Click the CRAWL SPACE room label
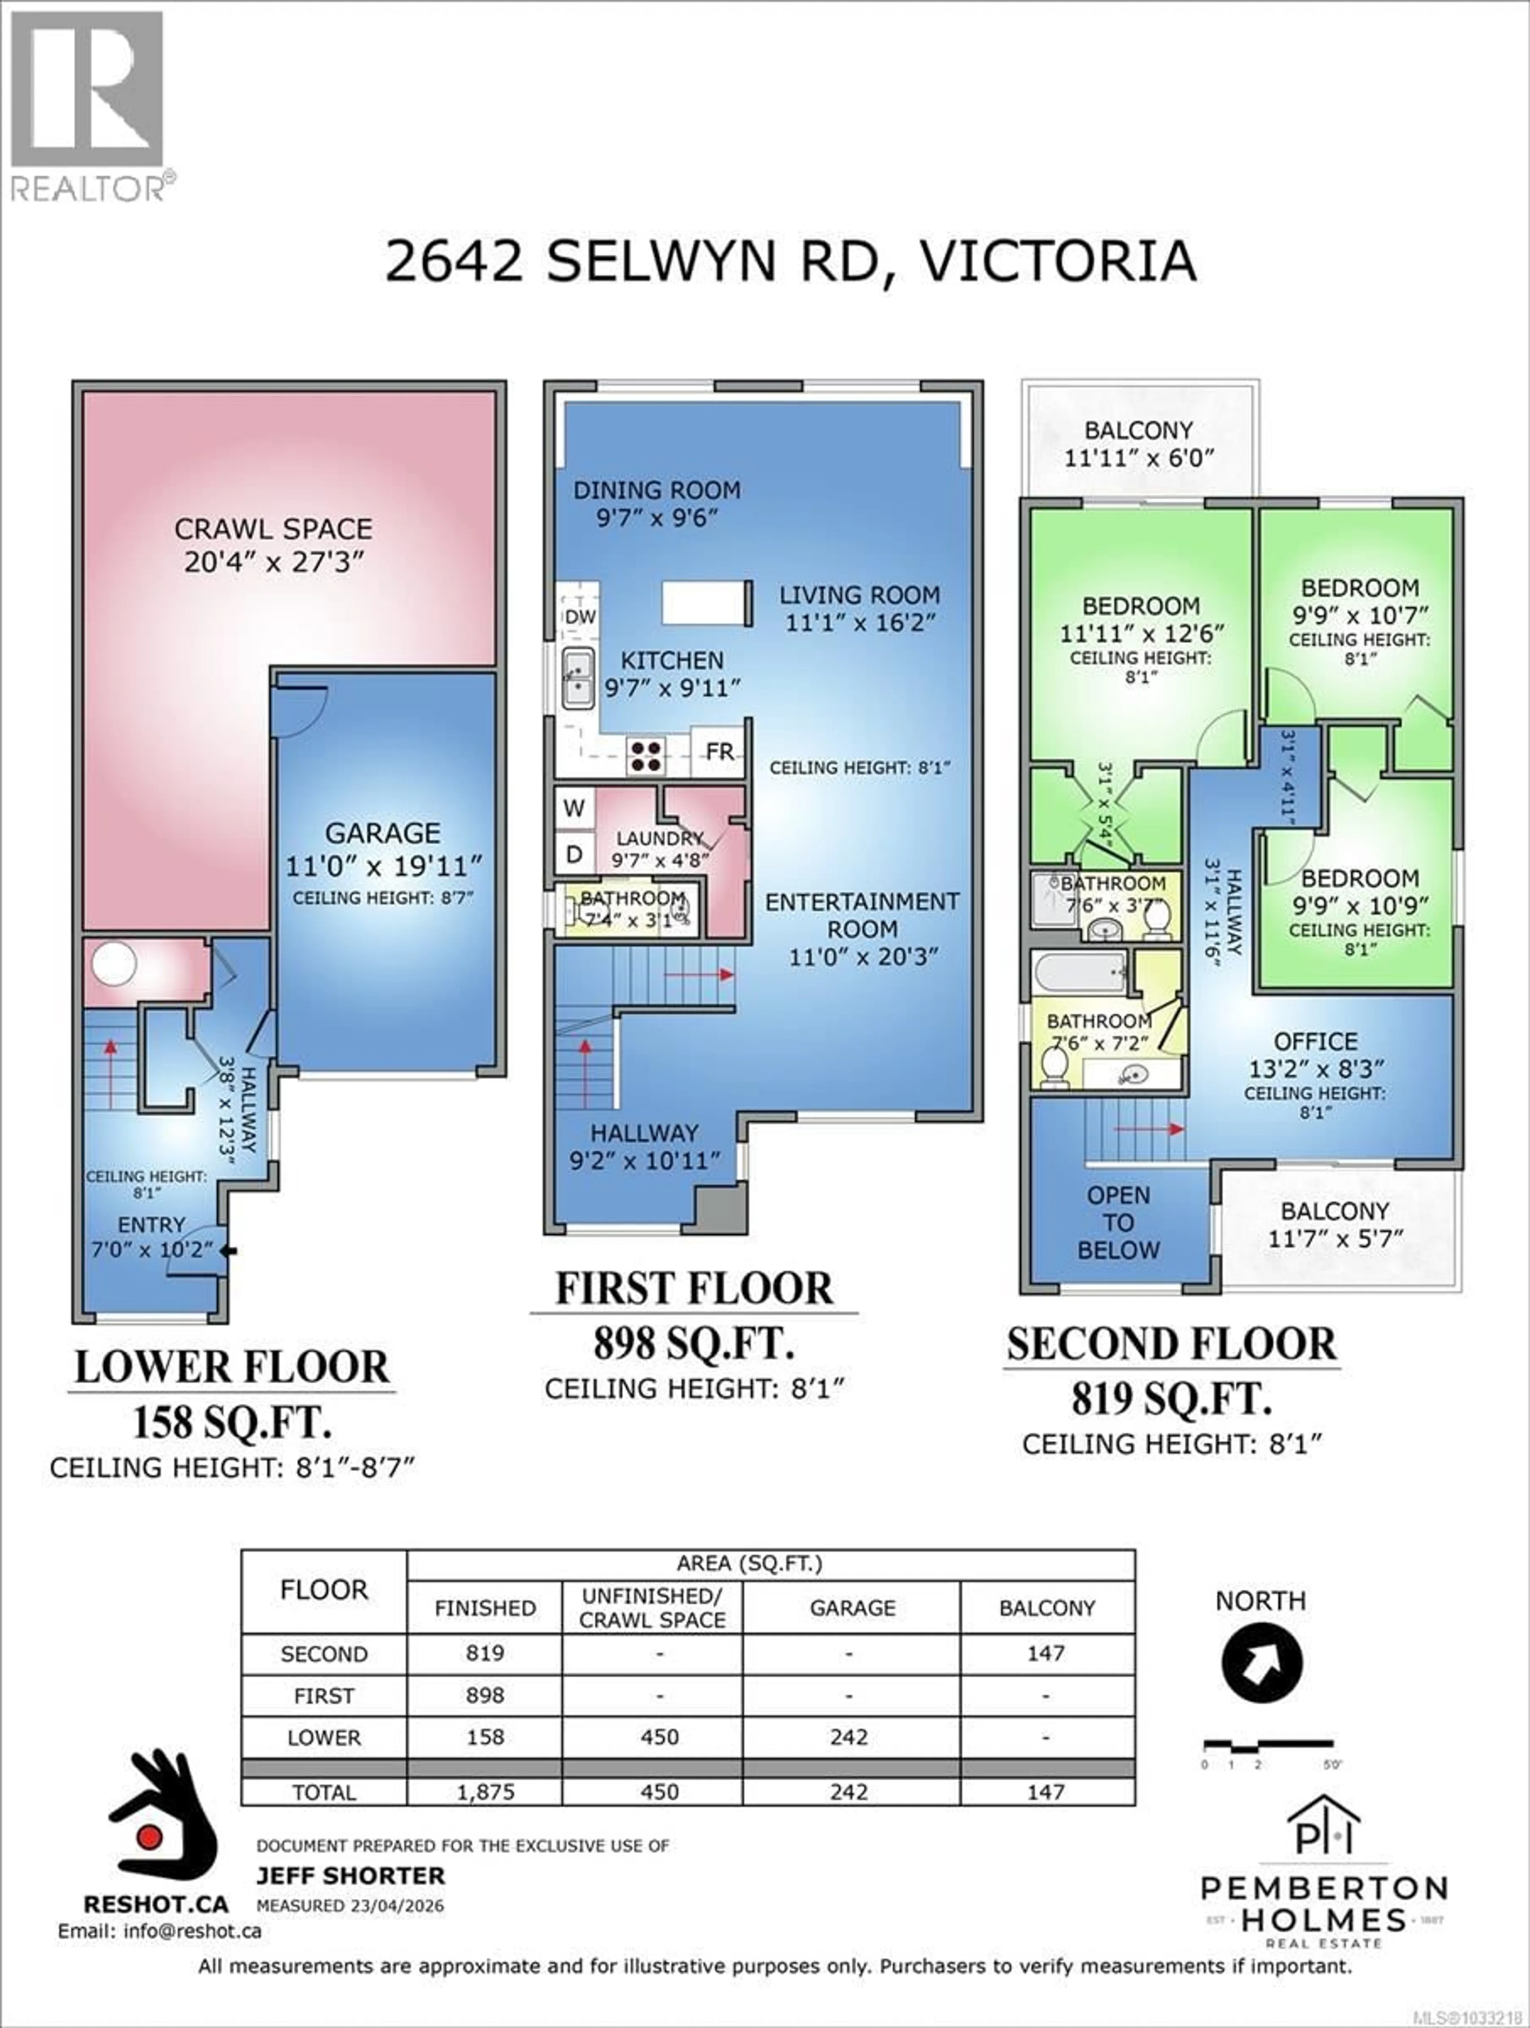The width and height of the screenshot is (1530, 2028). coord(273,529)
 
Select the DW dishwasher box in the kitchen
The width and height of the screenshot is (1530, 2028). coord(580,617)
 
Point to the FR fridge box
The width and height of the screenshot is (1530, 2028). coord(719,752)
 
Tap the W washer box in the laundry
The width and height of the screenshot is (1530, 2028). coord(574,808)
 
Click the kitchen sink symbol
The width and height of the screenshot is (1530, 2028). coord(578,678)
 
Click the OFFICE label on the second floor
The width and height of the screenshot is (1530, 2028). coord(1315,1041)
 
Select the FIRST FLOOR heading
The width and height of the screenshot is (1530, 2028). coord(694,1288)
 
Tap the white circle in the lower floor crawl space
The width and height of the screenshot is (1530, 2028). coord(114,963)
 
